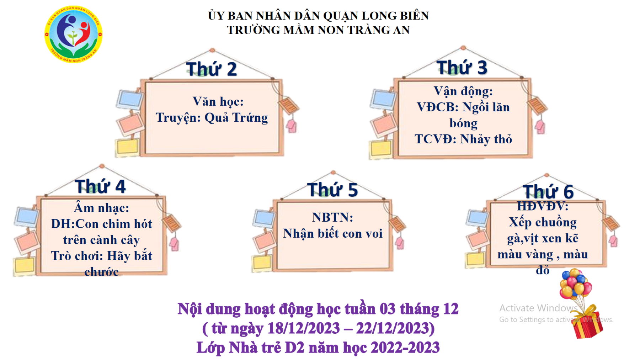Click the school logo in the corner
point(74,34)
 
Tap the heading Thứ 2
point(212,69)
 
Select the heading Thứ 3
point(462,67)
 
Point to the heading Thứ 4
point(100,186)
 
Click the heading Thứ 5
point(332,189)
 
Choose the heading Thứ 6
point(548,192)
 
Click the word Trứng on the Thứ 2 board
point(250,117)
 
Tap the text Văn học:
point(218,102)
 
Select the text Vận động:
point(463,91)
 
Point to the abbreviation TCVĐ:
point(436,139)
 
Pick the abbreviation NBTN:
point(333,217)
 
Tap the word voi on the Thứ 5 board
point(374,234)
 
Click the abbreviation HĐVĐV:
point(543,206)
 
